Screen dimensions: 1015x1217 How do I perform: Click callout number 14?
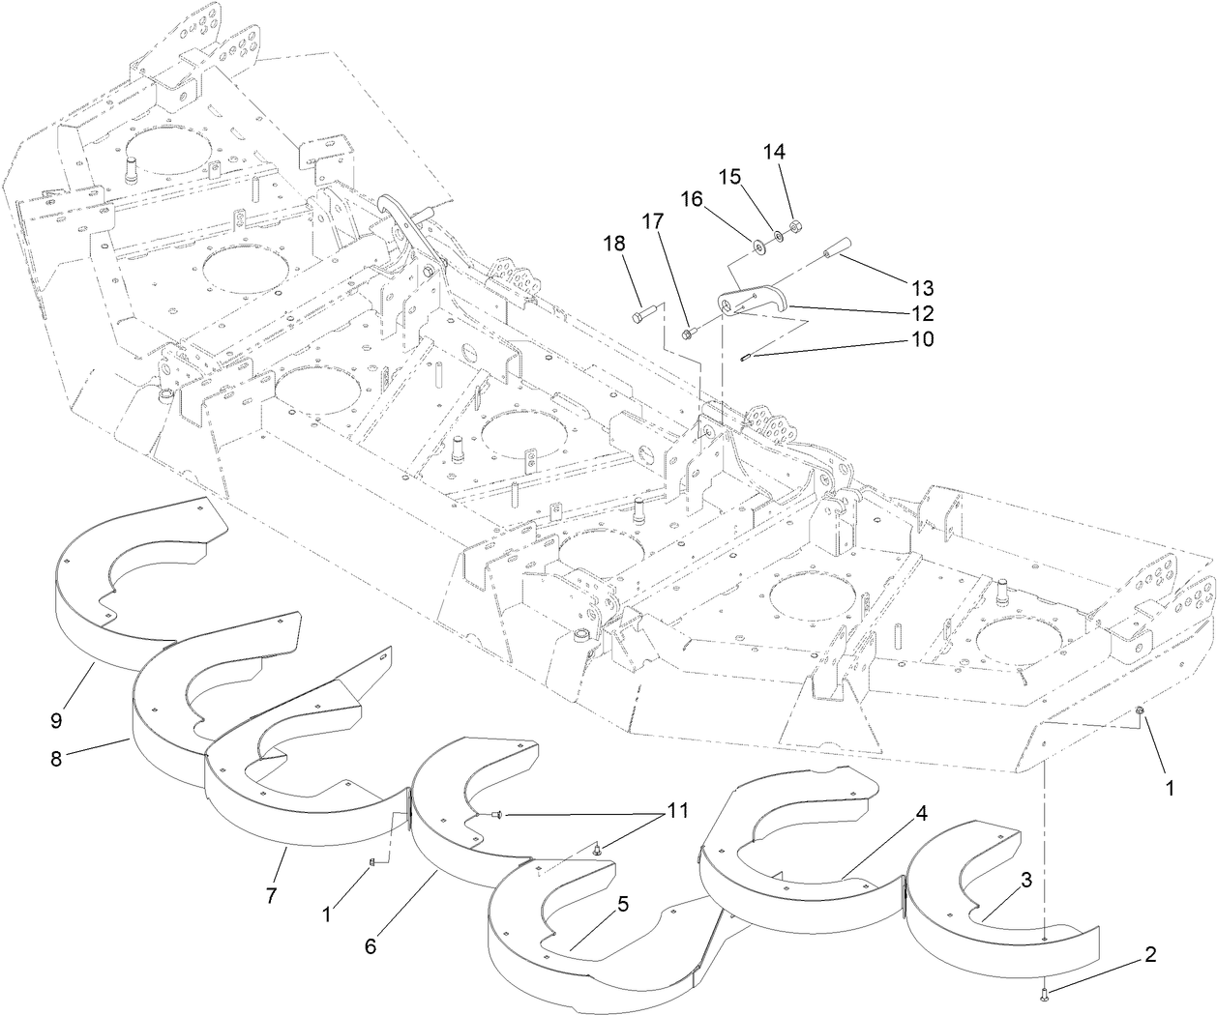click(x=775, y=152)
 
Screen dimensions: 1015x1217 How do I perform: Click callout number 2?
click(x=1150, y=955)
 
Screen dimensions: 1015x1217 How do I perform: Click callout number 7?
click(x=271, y=896)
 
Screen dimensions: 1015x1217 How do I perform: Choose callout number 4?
click(x=922, y=814)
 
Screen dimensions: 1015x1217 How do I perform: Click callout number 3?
click(x=1025, y=880)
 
